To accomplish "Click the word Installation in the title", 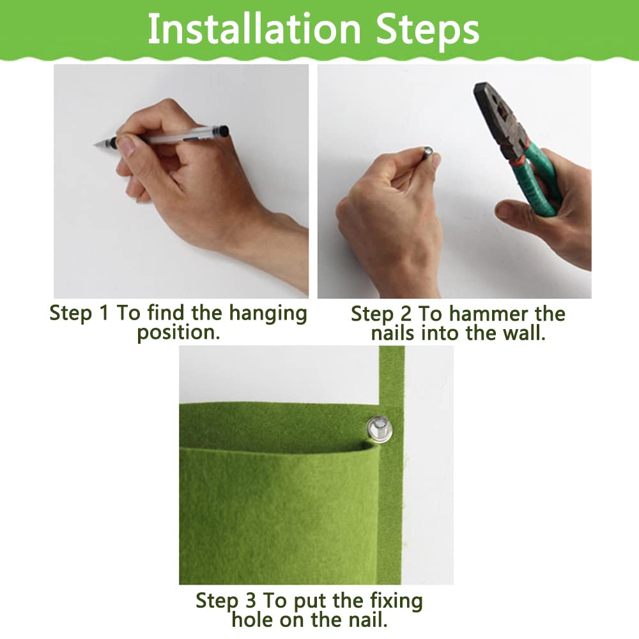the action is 254,29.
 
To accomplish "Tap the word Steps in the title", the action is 427,30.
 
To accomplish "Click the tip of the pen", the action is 95,144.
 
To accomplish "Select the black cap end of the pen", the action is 222,132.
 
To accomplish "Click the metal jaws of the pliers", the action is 498,116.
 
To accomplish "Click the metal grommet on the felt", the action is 379,429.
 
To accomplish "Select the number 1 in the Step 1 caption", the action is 104,313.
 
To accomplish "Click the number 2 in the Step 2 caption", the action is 406,314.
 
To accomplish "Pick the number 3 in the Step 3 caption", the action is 250,601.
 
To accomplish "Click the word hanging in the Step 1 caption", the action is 267,314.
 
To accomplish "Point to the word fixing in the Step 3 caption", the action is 396,602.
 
